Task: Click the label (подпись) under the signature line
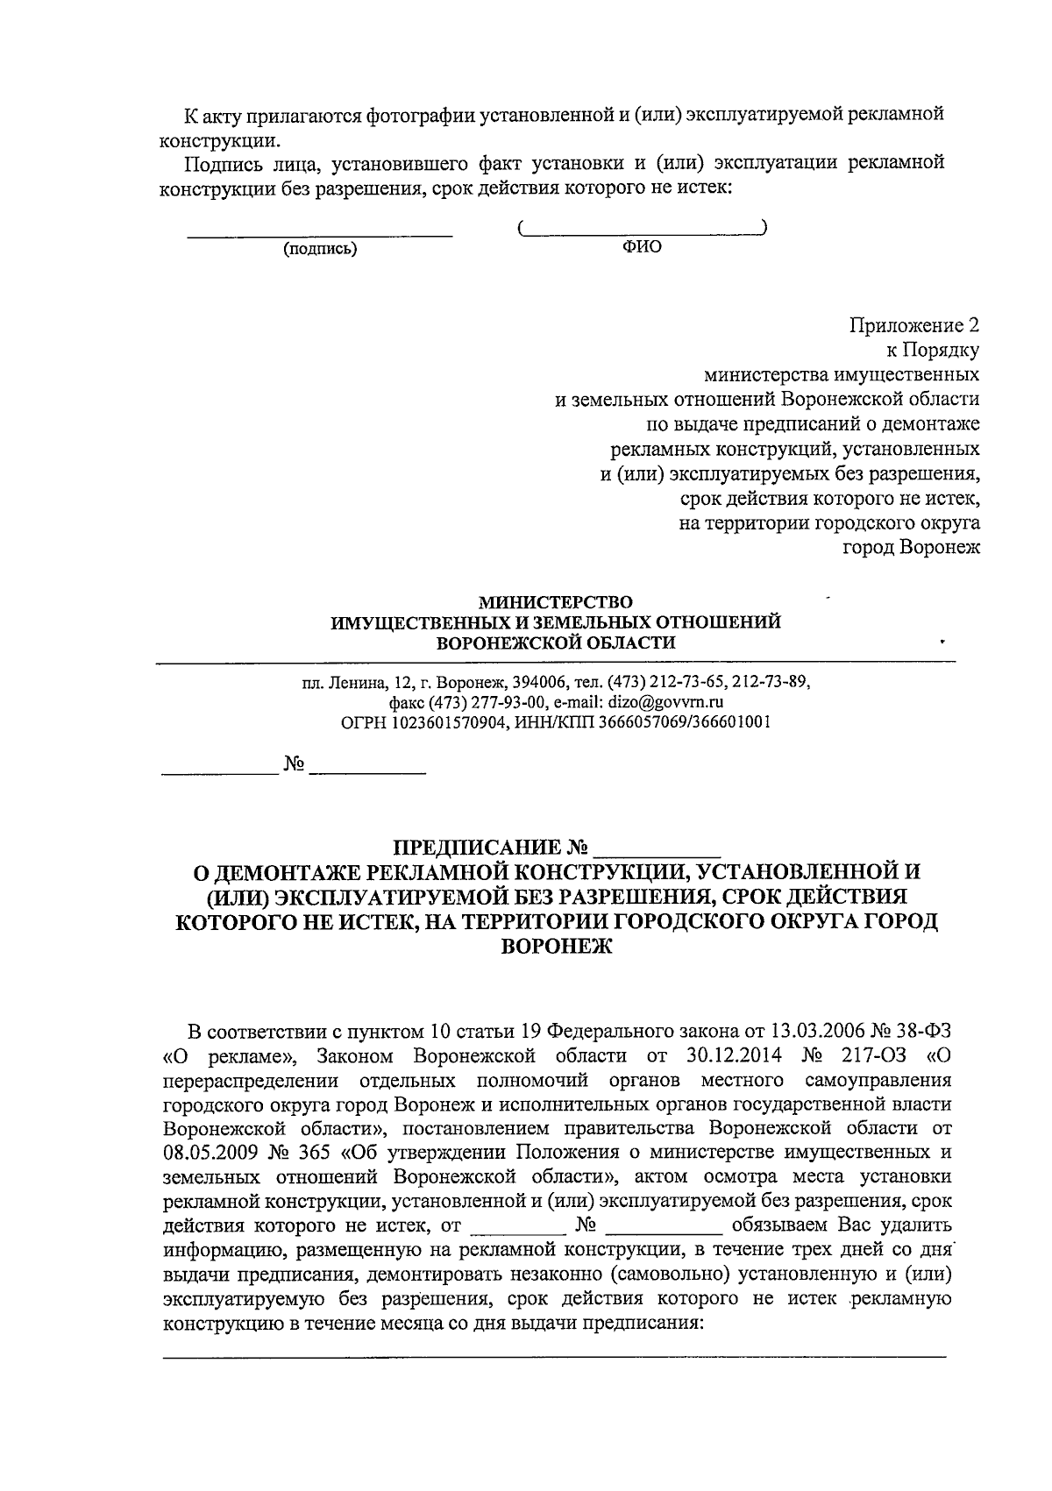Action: (320, 249)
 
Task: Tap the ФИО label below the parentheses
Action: (642, 247)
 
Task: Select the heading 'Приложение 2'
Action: (913, 326)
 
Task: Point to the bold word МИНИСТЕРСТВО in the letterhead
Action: (554, 603)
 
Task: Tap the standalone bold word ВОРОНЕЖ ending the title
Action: (556, 948)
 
